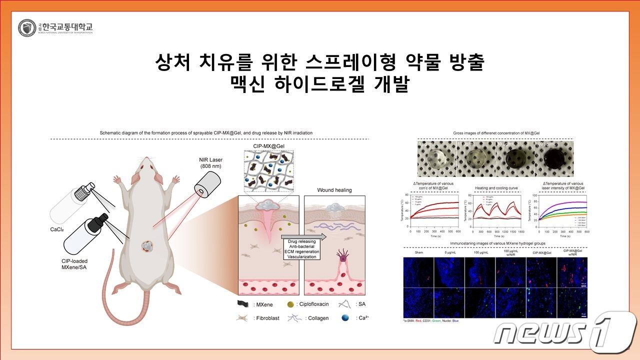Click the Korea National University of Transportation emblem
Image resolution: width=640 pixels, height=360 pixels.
pos(26,28)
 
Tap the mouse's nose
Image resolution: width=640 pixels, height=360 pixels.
pos(145,159)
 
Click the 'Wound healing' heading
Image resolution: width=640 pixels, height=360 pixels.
pos(334,190)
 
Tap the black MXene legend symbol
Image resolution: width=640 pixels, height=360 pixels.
pos(243,303)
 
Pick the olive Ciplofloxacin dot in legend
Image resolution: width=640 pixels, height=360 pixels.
pos(290,304)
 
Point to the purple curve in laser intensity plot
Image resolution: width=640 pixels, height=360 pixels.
pos(560,203)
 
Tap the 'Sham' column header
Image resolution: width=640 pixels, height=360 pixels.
pos(418,252)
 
